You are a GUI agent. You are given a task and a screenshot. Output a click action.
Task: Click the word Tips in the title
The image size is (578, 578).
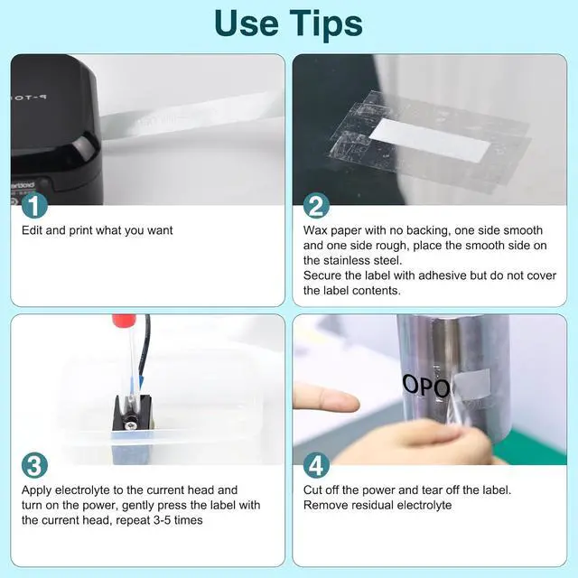[x=326, y=23]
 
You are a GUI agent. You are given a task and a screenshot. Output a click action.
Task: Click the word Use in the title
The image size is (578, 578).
[x=246, y=23]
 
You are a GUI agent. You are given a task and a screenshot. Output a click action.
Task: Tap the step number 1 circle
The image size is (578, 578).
[x=34, y=206]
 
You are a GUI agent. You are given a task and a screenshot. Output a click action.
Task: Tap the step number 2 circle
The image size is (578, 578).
[x=316, y=206]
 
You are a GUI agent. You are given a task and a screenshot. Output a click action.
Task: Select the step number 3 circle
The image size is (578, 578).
[x=34, y=465]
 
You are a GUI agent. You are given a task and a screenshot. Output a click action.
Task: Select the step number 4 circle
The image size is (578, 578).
[x=316, y=465]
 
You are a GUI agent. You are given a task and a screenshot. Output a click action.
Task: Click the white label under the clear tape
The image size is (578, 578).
[x=430, y=140]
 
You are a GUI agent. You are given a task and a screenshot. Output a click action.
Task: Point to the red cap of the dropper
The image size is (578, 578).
[x=125, y=319]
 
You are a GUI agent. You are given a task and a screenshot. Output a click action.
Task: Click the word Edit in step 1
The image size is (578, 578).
[x=33, y=230]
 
